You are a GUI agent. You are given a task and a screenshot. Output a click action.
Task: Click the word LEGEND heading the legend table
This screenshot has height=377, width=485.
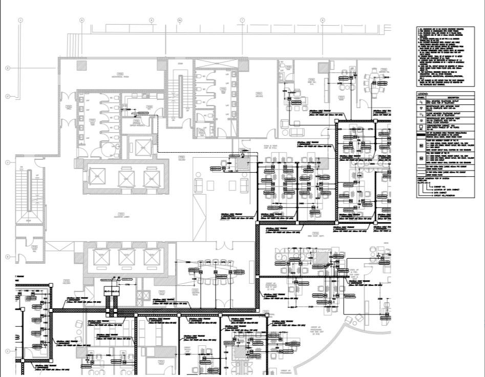[x=423, y=94]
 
